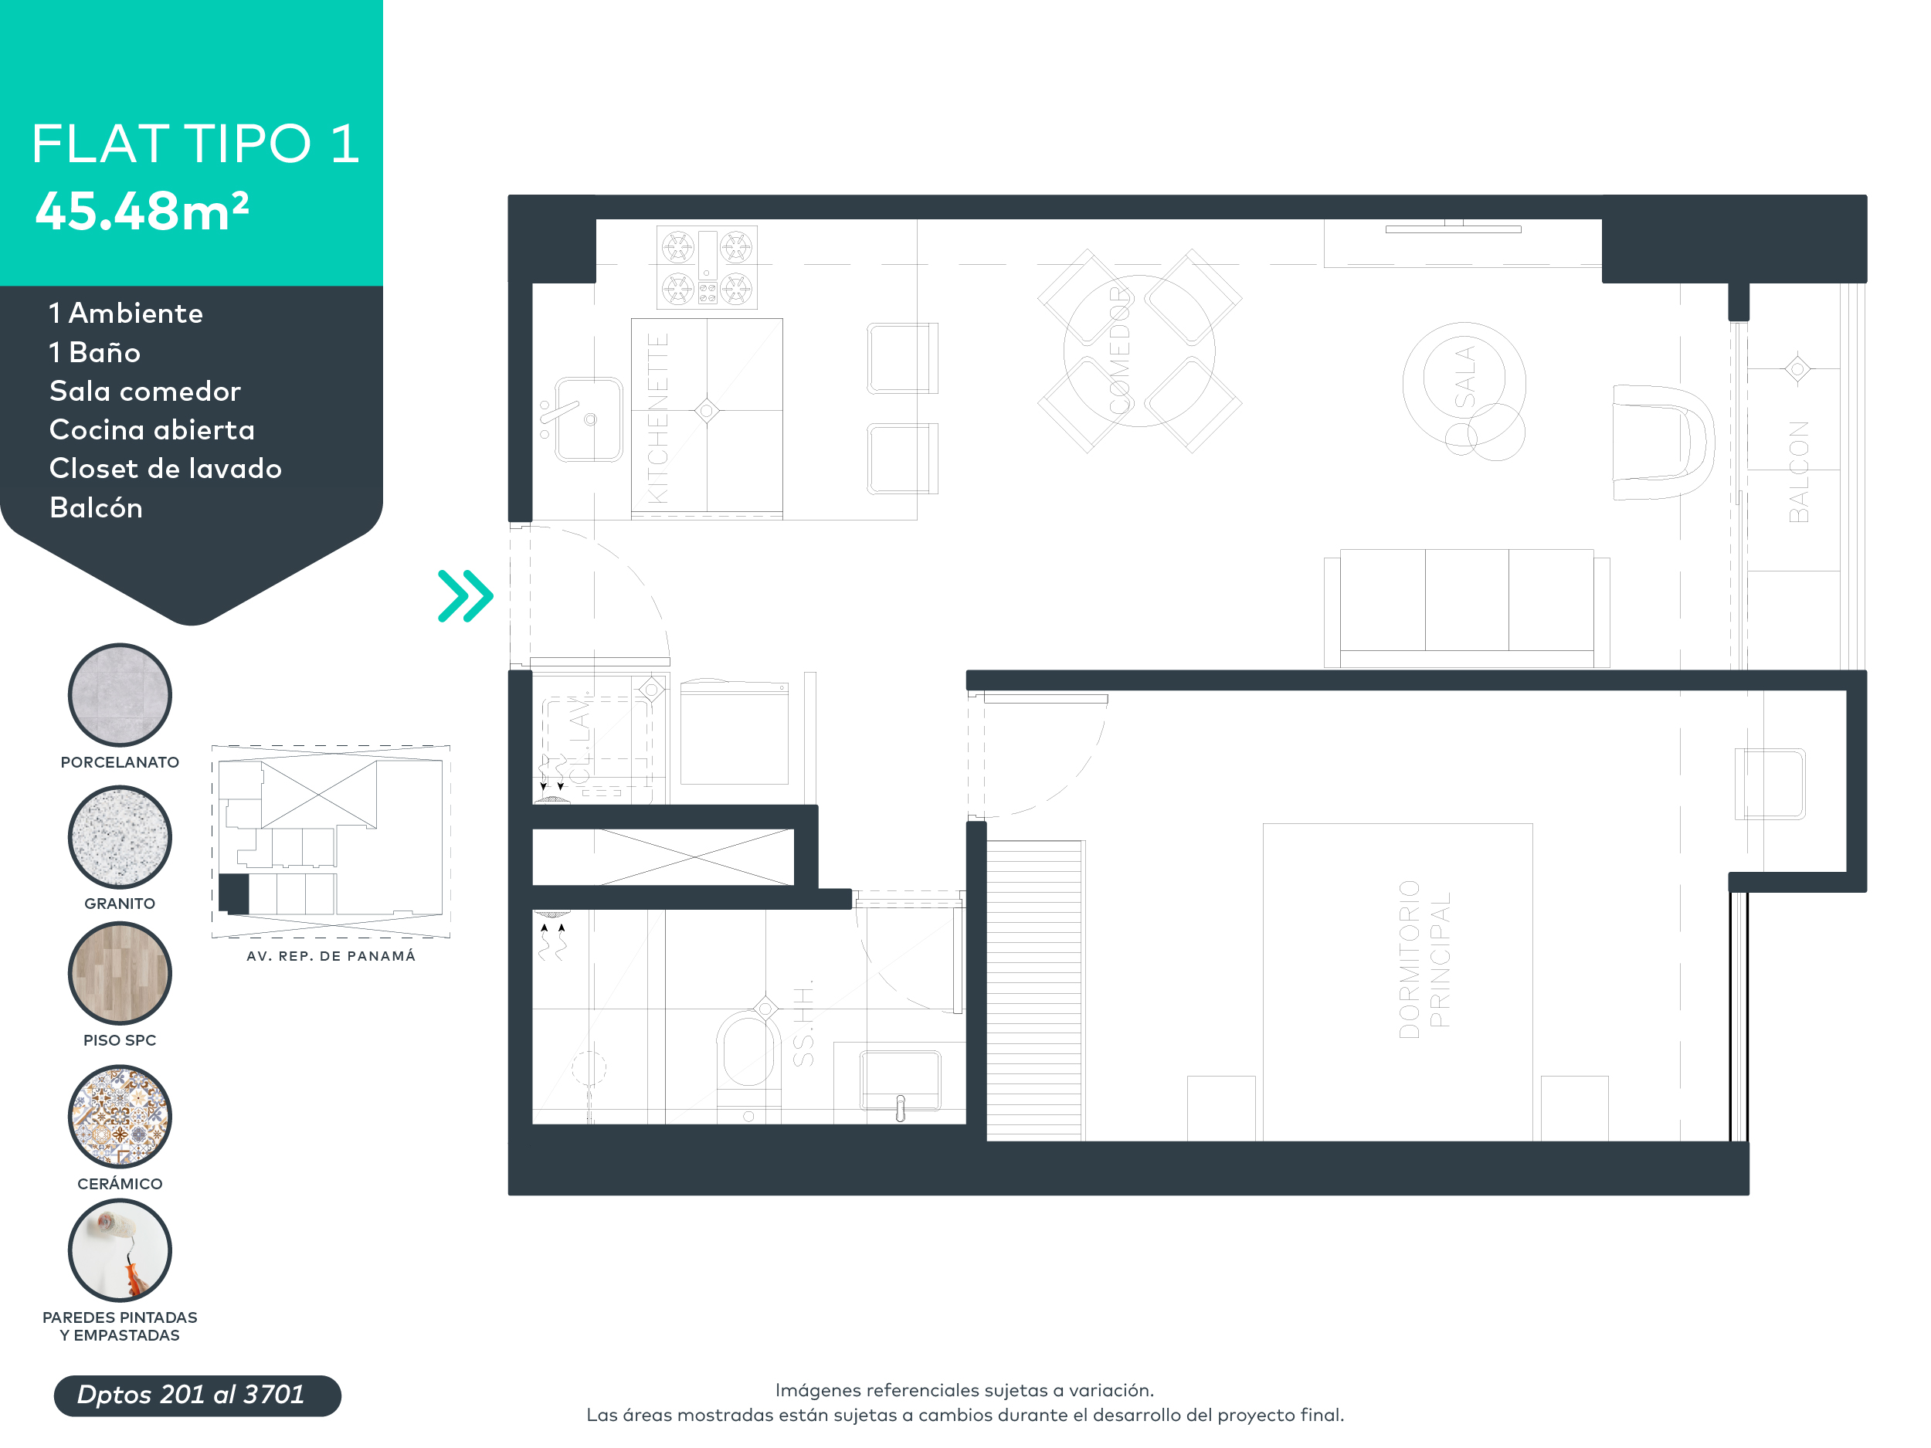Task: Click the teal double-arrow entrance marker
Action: pos(465,596)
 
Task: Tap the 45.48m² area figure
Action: pos(142,212)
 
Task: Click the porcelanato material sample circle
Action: pos(120,696)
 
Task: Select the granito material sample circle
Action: pos(120,837)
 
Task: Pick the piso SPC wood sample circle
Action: pos(120,973)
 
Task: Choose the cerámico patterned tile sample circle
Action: pos(120,1117)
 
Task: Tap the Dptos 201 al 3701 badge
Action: pos(197,1395)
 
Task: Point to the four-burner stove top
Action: pos(706,267)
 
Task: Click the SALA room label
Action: pos(1464,377)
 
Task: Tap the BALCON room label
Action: pos(1798,471)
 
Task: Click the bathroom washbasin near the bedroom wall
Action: pos(900,1080)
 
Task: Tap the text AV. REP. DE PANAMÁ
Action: pos(331,956)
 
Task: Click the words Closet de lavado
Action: pos(165,469)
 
